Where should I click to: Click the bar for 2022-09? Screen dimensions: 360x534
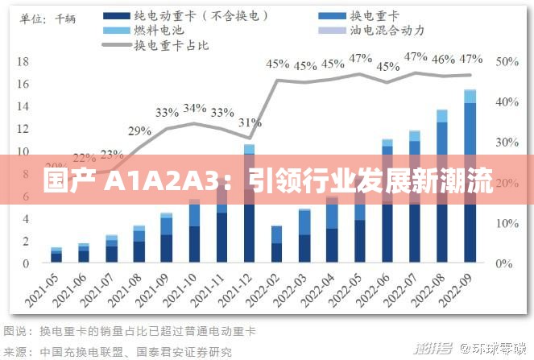470,176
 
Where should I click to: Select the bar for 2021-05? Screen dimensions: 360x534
56,255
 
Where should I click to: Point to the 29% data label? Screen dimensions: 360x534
139,131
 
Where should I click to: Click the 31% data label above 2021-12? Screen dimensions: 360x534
249,122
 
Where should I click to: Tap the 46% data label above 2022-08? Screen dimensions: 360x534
442,59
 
